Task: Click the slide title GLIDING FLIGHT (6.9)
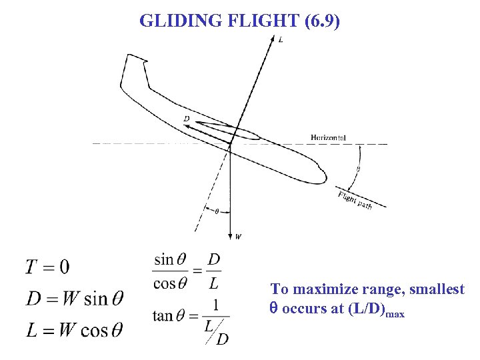click(x=239, y=21)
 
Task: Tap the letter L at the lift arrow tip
click(x=281, y=40)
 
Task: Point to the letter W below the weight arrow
click(x=239, y=235)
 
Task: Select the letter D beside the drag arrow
click(x=187, y=119)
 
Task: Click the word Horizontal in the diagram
click(x=328, y=137)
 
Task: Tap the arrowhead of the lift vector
click(x=272, y=39)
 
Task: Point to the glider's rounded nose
click(x=321, y=175)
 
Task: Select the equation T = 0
click(x=47, y=267)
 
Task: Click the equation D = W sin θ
click(x=74, y=298)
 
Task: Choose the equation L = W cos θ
click(x=74, y=329)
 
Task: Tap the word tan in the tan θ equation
click(x=163, y=315)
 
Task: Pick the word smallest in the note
click(x=434, y=289)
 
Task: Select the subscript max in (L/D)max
click(x=394, y=313)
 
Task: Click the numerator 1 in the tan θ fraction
click(x=214, y=305)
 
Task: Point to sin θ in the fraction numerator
click(x=171, y=259)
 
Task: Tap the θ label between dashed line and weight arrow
click(x=216, y=211)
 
